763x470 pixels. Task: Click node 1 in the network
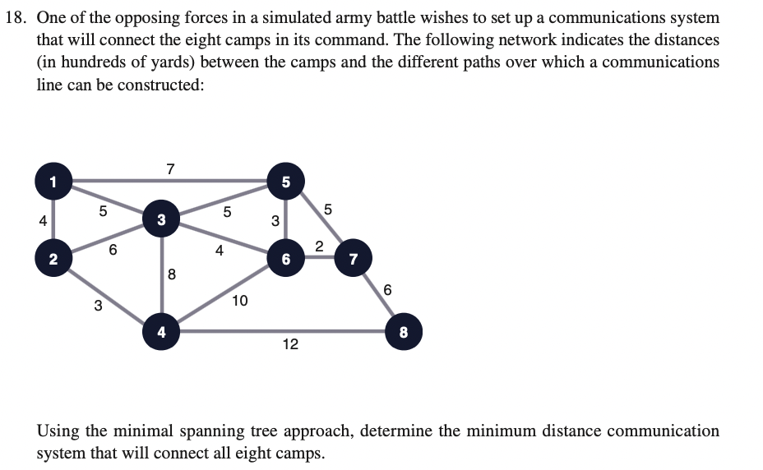[53, 181]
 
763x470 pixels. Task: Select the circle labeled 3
[161, 219]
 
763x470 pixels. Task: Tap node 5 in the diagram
[286, 181]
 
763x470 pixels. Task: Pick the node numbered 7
[354, 258]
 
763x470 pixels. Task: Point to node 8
[404, 332]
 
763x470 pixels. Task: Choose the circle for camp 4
[161, 332]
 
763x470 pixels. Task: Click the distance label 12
[290, 344]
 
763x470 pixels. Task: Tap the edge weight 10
[240, 301]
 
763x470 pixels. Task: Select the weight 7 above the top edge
[170, 168]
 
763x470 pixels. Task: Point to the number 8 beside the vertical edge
[171, 274]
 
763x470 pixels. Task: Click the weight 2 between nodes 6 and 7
[319, 247]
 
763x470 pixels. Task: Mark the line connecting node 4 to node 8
[282, 332]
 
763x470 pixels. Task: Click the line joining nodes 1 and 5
[170, 181]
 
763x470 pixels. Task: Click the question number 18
[16, 18]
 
